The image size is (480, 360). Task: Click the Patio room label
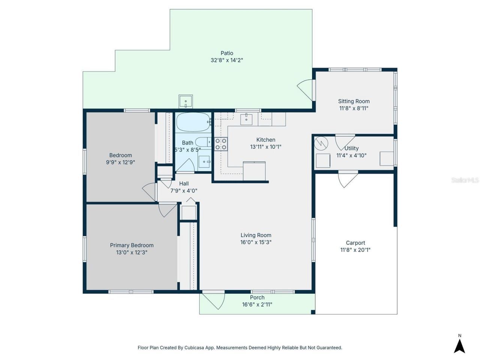coord(227,53)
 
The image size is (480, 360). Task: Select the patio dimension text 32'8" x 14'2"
coord(227,60)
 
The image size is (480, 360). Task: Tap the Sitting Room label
coord(354,101)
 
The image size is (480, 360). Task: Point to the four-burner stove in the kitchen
coord(220,144)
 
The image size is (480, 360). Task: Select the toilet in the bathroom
coord(203,142)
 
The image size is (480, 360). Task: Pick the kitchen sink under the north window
coord(246,119)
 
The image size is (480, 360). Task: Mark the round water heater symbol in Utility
coord(321,143)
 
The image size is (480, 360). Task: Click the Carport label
coord(355,243)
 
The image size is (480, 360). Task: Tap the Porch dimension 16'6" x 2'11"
coord(257,304)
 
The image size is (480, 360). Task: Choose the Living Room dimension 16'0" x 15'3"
coord(256,242)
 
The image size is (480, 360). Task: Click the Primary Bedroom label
coord(132,245)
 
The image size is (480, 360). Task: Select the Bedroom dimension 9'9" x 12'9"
coord(120,162)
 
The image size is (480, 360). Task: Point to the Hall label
coord(184,184)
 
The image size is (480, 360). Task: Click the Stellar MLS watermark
coord(465,180)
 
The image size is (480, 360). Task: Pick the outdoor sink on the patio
coord(186,101)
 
